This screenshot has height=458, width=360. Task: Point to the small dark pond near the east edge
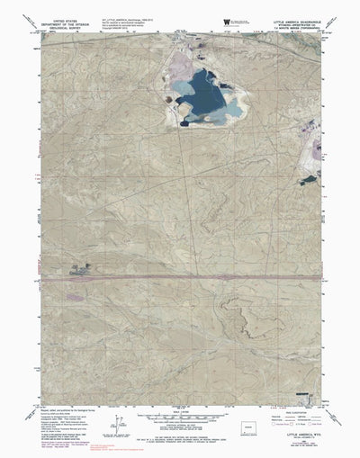click(x=310, y=178)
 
